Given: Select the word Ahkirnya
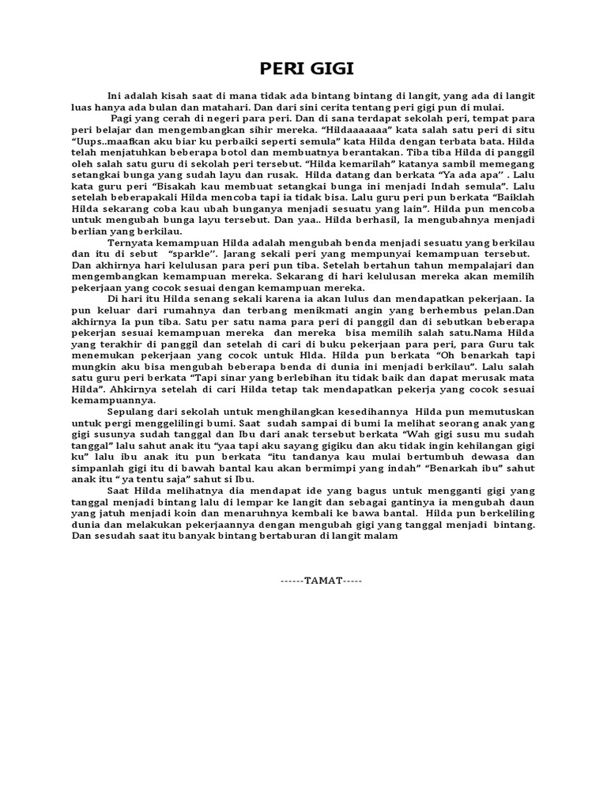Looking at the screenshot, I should point(127,389).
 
